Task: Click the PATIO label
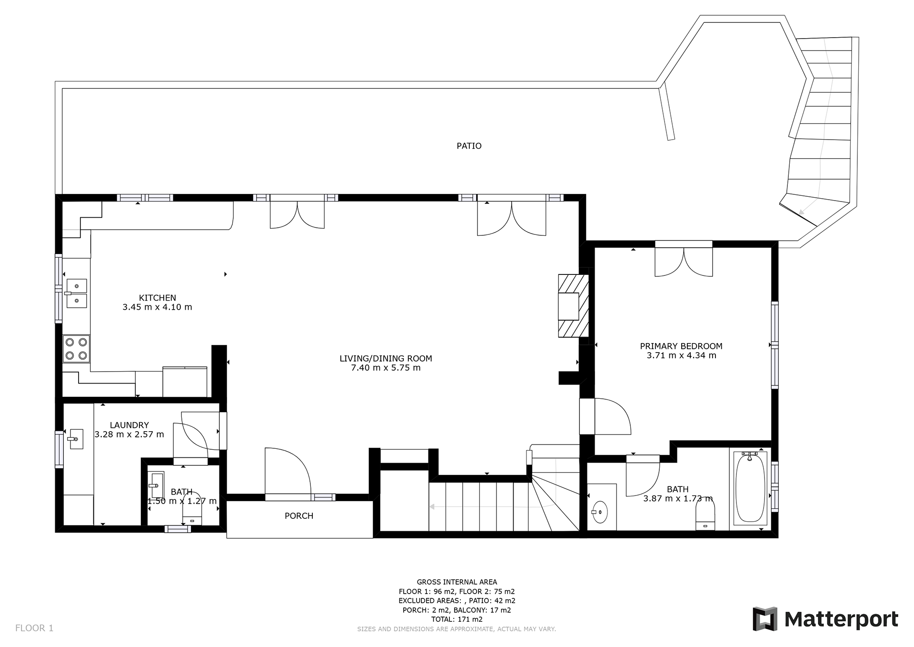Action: coord(469,146)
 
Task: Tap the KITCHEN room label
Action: coord(158,298)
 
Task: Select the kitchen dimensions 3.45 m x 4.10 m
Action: coord(158,307)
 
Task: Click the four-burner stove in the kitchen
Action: coord(76,349)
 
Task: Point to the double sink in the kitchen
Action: coord(76,293)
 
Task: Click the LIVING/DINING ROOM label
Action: coord(386,358)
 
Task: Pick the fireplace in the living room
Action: coord(574,306)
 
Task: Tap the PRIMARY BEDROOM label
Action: coord(681,346)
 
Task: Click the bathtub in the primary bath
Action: coord(750,489)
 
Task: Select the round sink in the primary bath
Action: coord(601,512)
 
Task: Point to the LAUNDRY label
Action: coord(129,425)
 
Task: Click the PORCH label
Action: coord(299,516)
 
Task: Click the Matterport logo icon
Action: coord(765,619)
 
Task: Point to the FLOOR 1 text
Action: coord(34,628)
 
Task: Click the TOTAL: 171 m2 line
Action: coord(457,619)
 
